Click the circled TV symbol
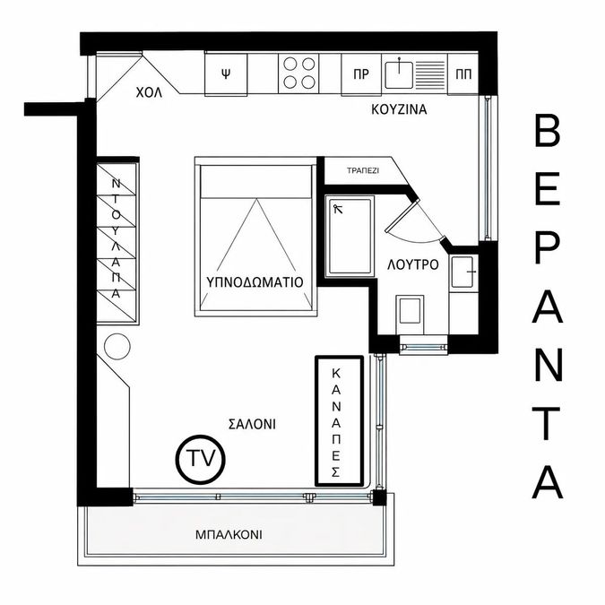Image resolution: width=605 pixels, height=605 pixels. [200, 459]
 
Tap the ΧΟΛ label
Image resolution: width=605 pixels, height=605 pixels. [149, 92]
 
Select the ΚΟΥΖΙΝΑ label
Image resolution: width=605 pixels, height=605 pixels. [399, 109]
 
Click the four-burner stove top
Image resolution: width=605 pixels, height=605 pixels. [299, 73]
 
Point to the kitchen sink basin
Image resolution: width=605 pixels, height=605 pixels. [399, 75]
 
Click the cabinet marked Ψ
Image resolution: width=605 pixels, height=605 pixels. [226, 74]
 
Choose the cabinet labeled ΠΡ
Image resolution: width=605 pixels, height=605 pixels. [361, 74]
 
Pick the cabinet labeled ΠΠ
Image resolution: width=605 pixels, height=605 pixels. [463, 74]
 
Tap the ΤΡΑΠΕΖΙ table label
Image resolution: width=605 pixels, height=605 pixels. [363, 170]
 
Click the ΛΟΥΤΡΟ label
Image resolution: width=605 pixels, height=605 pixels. [413, 264]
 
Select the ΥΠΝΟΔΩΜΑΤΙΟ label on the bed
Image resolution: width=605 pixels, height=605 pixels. [255, 282]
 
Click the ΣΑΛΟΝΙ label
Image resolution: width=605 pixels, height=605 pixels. [253, 425]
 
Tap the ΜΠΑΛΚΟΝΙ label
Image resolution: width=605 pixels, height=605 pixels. [229, 535]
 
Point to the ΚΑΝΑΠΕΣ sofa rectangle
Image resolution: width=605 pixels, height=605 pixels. [340, 421]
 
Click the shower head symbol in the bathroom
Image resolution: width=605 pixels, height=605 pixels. [338, 209]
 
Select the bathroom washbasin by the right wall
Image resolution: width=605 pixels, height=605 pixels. [463, 272]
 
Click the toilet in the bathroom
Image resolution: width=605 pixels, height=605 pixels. [410, 312]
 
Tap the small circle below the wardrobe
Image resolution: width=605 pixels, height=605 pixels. [117, 347]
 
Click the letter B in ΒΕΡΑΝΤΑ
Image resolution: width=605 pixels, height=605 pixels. [547, 132]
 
